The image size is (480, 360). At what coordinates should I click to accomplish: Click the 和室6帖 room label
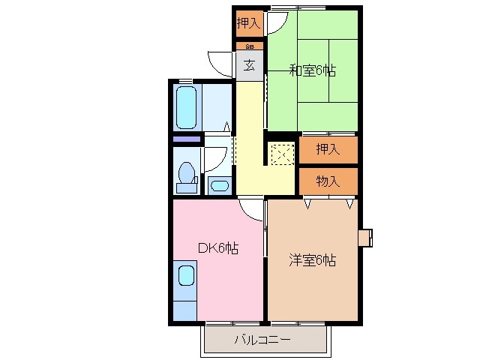tap(312, 71)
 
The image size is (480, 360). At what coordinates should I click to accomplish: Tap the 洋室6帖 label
tap(313, 261)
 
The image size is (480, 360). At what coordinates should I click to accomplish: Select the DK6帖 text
tap(217, 248)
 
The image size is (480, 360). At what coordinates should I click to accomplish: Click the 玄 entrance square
tap(248, 65)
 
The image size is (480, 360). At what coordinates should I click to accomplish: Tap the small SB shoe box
tap(249, 46)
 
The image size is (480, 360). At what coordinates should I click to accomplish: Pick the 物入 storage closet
tap(328, 181)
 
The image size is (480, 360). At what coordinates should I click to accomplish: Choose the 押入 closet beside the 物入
tap(328, 149)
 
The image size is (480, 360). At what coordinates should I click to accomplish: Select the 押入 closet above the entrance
tap(248, 23)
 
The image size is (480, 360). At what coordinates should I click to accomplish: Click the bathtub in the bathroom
tap(187, 108)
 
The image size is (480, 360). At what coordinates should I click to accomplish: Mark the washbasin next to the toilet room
tap(219, 185)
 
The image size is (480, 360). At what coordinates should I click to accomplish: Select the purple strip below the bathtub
tap(187, 139)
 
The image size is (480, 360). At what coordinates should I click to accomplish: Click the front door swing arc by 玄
tap(223, 64)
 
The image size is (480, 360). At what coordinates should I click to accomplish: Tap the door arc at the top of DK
tap(251, 210)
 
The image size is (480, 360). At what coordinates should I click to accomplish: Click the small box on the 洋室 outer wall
tap(365, 238)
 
